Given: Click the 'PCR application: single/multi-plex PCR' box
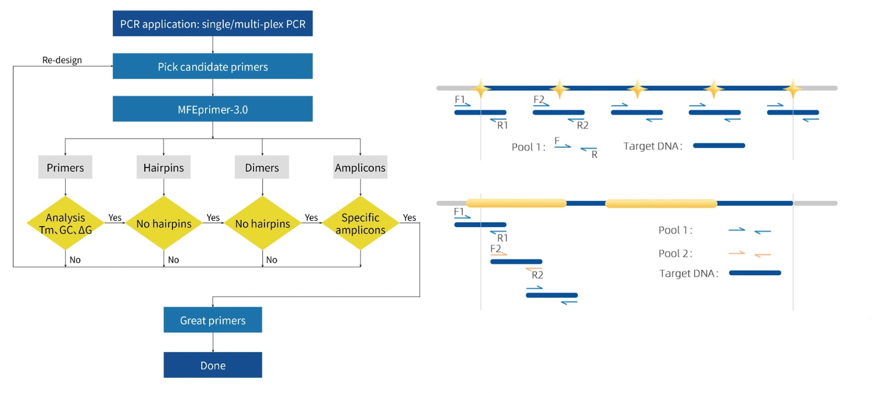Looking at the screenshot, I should coord(213,24).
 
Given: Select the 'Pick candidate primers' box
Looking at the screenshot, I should coord(213,66).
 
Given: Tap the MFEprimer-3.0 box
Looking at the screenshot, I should coord(213,109).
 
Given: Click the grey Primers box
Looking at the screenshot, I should coord(65,168).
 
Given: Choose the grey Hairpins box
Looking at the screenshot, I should coord(163,168).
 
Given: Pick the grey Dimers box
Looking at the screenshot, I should coord(262,168).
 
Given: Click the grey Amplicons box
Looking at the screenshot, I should coord(360,168).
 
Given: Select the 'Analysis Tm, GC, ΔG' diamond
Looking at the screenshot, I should coord(65,223).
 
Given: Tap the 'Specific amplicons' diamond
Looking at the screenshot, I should coord(360,223).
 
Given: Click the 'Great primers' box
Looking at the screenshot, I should coord(213,320).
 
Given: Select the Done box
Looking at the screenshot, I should coord(213,365).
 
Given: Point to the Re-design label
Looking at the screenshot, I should coord(62,60).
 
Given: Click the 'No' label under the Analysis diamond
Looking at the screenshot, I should coord(75,260).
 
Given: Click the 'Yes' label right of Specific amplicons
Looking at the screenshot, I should coord(409,218).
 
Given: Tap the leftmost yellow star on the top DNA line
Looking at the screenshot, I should coord(481,88).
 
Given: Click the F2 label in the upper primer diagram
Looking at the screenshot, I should coord(538,100).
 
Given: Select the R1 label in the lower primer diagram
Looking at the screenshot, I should coord(502,238).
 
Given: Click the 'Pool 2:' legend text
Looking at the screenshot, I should coord(675,254).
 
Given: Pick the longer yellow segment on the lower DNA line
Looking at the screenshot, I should coord(661,203).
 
